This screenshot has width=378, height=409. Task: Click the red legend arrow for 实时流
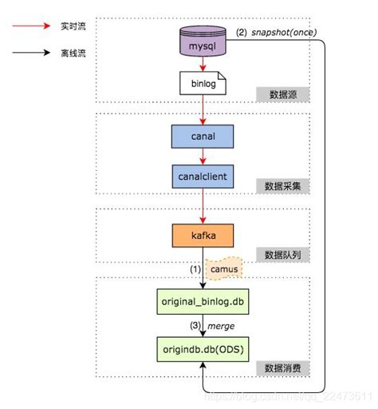coord(29,28)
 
